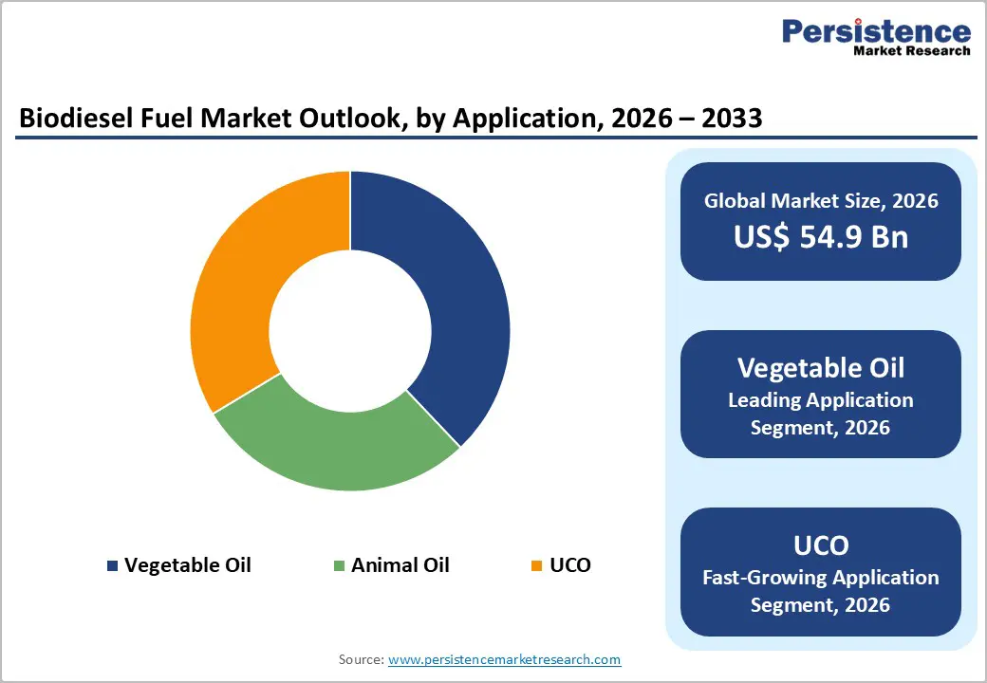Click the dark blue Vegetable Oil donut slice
(446, 313)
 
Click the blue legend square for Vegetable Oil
(113, 565)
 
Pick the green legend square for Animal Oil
(339, 565)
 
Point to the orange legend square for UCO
(536, 565)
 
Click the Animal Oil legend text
(400, 565)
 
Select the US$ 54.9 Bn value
(820, 237)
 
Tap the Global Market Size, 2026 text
(820, 200)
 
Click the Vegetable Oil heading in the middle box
(820, 368)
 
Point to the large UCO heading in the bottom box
(820, 545)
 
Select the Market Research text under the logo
(911, 51)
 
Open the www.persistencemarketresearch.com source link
(504, 659)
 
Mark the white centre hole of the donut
(349, 330)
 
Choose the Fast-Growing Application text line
(820, 577)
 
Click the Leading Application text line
(820, 400)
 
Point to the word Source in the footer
(360, 659)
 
